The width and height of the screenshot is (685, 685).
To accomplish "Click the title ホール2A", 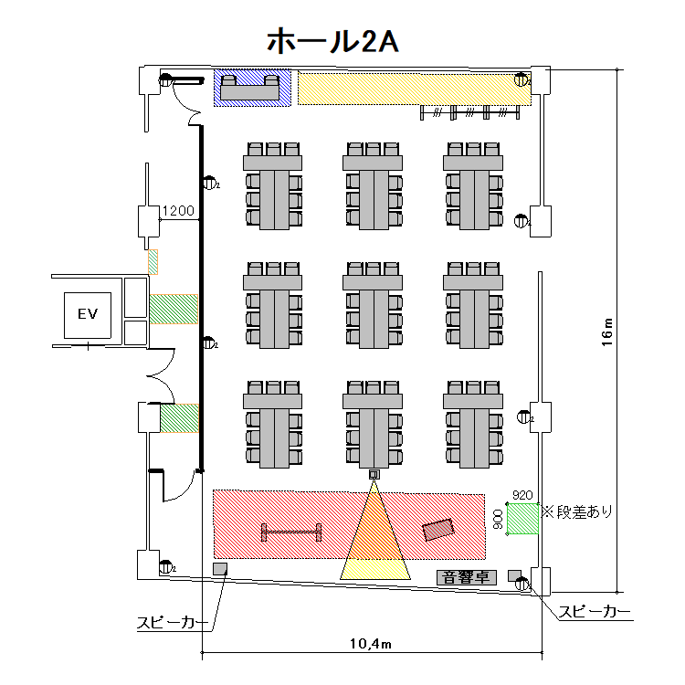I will coord(332,40).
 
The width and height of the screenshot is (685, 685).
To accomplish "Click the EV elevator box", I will coord(88,314).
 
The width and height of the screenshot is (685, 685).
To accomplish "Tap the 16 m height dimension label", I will coord(609,333).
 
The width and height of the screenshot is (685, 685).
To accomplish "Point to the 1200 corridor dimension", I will coord(178,211).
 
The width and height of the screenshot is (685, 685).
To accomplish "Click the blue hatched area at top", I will coord(253,88).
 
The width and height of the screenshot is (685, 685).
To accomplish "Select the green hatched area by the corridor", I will coord(180,418).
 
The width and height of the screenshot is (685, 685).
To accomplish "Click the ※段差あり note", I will coord(577,511).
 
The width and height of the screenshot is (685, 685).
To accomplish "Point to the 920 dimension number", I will coord(522,495).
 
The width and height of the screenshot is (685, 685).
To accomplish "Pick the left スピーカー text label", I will coord(172,623).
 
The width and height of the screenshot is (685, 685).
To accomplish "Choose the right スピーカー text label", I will coord(595,612).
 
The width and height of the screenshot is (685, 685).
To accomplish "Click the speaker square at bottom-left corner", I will coord(220,570).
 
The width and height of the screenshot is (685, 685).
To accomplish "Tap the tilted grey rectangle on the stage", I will coord(438,529).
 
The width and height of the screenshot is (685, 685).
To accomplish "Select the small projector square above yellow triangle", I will coord(373,474).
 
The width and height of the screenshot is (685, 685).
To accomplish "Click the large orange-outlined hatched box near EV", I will coord(174,309).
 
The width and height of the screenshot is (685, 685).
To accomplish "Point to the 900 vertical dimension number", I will coord(498,519).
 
